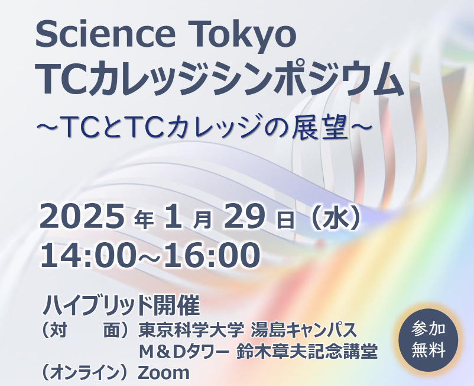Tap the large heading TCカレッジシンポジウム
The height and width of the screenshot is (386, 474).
pyautogui.click(x=220, y=79)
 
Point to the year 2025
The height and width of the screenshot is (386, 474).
pyautogui.click(x=82, y=216)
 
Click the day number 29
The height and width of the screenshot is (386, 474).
pyautogui.click(x=244, y=216)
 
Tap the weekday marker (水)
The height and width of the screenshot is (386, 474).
pyautogui.click(x=337, y=217)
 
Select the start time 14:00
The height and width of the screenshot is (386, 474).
pyautogui.click(x=86, y=255)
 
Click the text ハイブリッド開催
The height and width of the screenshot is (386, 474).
pyautogui.click(x=121, y=305)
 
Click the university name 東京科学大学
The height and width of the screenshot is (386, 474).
pyautogui.click(x=191, y=330)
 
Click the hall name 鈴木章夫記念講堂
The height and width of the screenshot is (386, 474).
pyautogui.click(x=307, y=351)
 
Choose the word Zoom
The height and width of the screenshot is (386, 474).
pyautogui.click(x=164, y=372)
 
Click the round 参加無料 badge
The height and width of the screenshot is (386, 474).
pyautogui.click(x=428, y=340)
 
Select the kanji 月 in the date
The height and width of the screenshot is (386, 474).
pyautogui.click(x=203, y=220)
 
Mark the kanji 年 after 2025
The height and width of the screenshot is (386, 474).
pyautogui.click(x=144, y=220)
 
